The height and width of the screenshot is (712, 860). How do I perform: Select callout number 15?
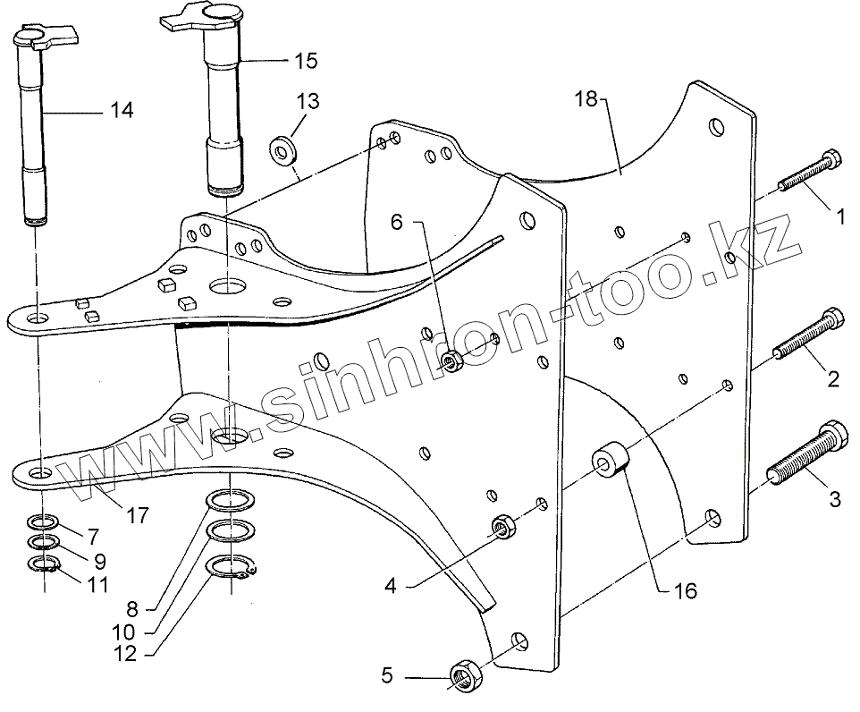(x=305, y=61)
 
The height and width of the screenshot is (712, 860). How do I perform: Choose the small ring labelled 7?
(x=43, y=521)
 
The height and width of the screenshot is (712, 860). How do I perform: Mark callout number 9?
(x=99, y=562)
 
